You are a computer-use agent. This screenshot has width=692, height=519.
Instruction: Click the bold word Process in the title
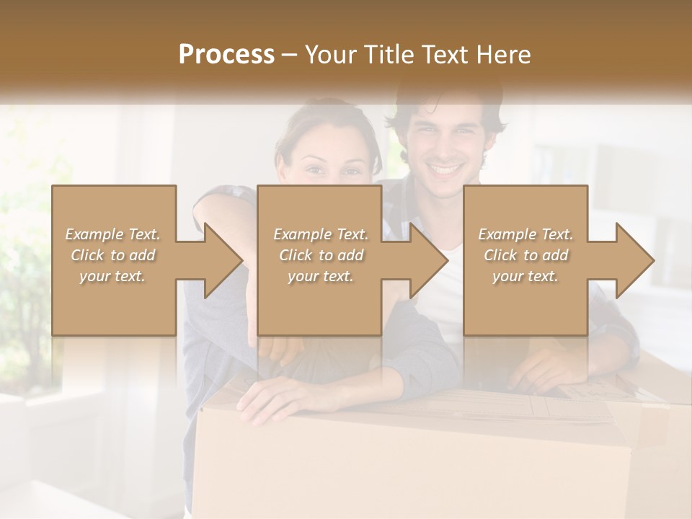[226, 54]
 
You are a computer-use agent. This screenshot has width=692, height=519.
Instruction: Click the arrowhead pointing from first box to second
[224, 260]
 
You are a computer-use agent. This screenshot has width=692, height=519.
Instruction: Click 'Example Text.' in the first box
[113, 234]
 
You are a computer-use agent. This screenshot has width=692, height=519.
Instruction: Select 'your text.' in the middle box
[319, 277]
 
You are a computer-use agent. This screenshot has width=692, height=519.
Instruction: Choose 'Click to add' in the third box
[525, 255]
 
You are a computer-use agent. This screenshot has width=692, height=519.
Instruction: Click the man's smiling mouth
[445, 172]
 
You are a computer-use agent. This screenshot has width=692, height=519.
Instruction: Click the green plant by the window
[25, 274]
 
